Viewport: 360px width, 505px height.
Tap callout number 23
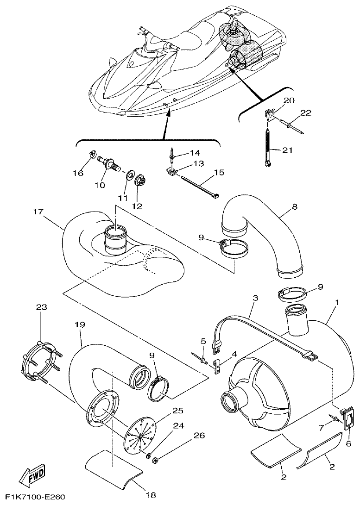click(42, 307)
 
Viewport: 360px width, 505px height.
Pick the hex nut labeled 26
click(156, 460)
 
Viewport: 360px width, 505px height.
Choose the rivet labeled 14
click(172, 153)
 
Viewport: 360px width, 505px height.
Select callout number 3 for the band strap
click(255, 299)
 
